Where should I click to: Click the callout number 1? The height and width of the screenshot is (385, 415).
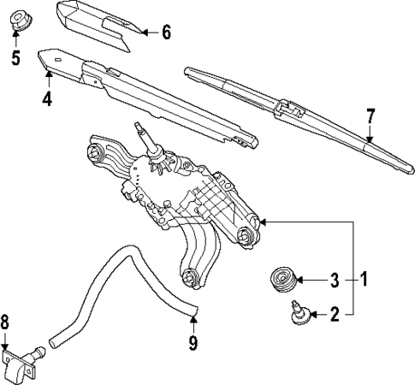click(x=364, y=279)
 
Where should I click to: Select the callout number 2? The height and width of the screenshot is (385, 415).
click(x=335, y=314)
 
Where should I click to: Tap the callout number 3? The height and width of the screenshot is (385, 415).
click(x=335, y=279)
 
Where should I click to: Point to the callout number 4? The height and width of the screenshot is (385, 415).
click(x=48, y=99)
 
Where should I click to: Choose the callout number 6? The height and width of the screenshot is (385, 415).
click(x=166, y=33)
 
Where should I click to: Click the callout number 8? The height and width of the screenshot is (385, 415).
click(x=7, y=323)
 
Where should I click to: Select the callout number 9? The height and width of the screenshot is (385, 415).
click(x=193, y=343)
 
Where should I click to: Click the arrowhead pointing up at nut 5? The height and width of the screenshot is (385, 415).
click(x=15, y=39)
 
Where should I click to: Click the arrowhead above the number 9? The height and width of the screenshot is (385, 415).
click(x=193, y=322)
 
